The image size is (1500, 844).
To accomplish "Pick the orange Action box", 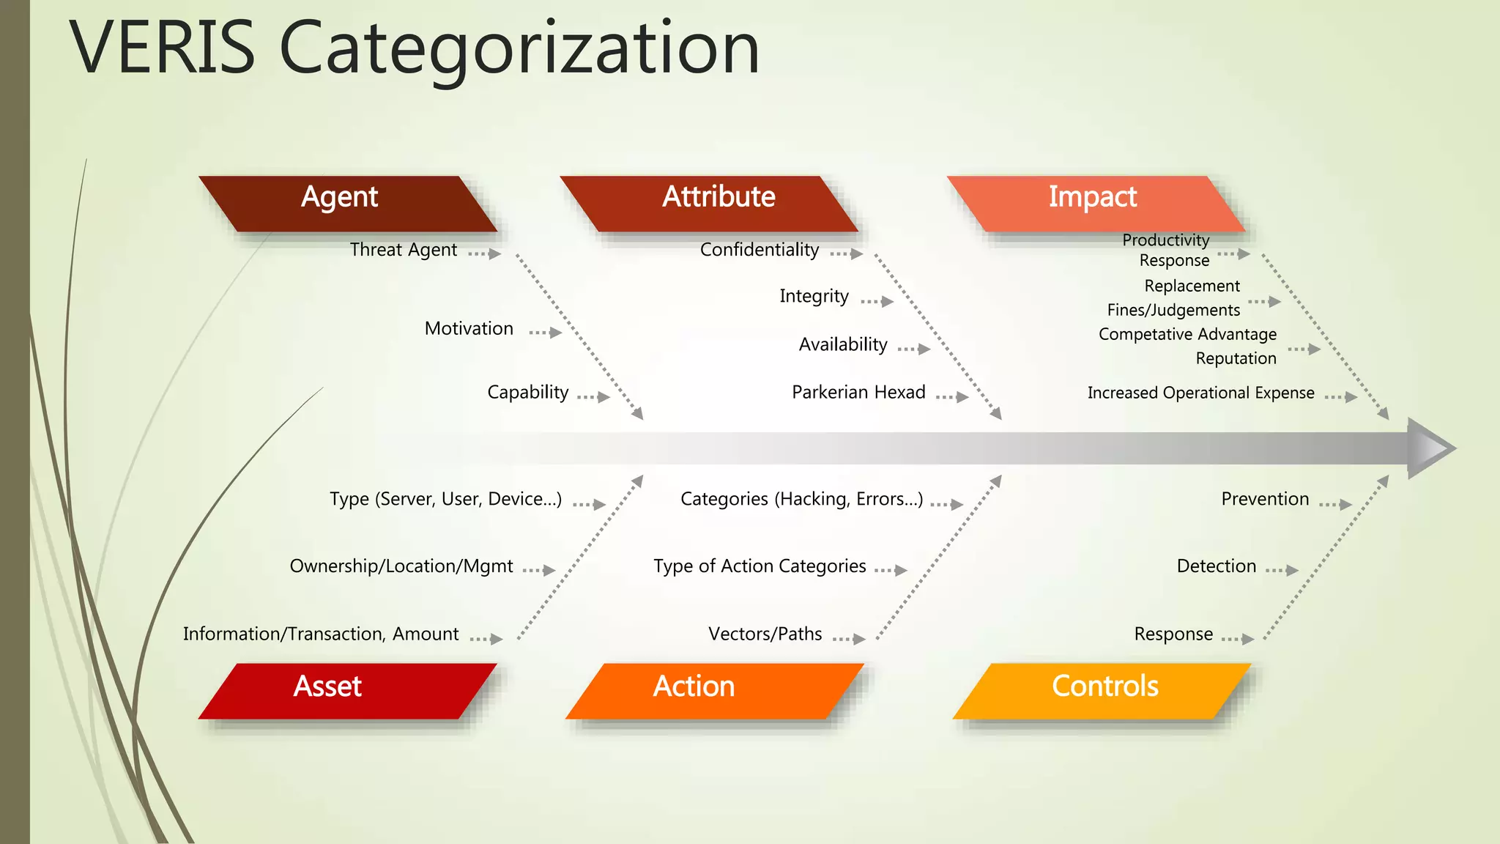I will (x=714, y=690).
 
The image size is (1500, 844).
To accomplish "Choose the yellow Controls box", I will (x=1102, y=690).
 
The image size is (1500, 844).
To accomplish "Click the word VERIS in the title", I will (x=163, y=48).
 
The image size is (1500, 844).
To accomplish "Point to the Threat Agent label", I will (x=403, y=250).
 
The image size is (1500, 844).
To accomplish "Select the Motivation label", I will (x=469, y=329).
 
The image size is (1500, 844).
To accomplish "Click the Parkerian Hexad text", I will (x=858, y=393).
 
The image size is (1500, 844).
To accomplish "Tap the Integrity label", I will (x=814, y=296).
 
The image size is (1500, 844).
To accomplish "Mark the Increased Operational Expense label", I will (x=1200, y=393).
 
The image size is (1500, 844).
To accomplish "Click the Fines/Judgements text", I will (x=1173, y=311).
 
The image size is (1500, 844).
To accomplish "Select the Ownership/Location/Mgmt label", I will (x=401, y=566).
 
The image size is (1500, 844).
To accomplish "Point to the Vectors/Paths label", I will (x=765, y=634).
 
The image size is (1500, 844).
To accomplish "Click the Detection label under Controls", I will (x=1216, y=566).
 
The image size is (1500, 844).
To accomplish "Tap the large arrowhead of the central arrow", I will (x=1429, y=448).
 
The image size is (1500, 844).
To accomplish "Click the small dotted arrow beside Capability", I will (x=593, y=397).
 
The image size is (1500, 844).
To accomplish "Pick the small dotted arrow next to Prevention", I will (x=1335, y=504).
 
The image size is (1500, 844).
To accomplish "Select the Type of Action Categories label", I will (x=760, y=566).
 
